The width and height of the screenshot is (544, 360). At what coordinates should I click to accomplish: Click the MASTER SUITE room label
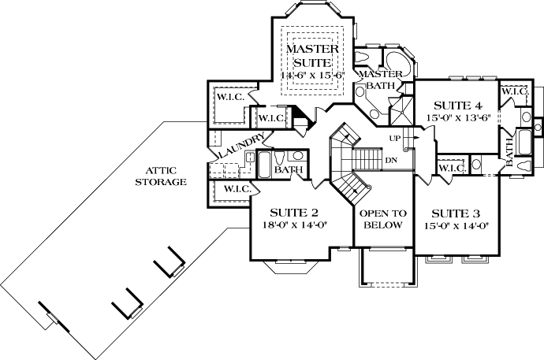click(x=312, y=55)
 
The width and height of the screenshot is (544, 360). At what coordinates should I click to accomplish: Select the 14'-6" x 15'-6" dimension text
click(x=312, y=75)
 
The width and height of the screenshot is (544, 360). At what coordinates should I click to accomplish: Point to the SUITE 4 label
click(x=452, y=105)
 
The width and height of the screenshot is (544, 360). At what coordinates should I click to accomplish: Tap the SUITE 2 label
click(x=293, y=212)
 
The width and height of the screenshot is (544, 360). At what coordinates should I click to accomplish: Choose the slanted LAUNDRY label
click(x=238, y=147)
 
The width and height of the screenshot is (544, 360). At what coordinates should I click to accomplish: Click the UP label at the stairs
click(x=395, y=139)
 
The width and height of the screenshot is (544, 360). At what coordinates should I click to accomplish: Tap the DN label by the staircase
click(x=391, y=160)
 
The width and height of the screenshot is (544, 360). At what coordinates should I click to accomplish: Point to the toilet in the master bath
click(x=363, y=60)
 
